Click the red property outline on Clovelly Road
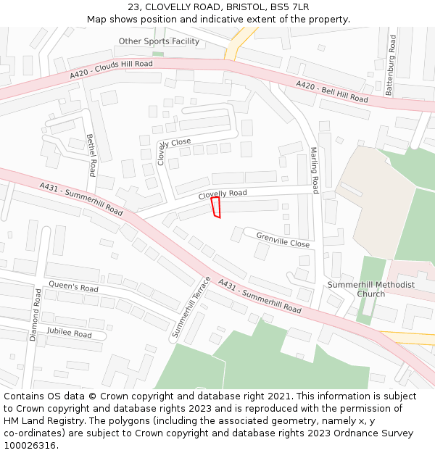(x=215, y=207)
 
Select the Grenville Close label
(x=283, y=240)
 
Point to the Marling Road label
(x=315, y=170)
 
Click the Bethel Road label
(x=91, y=155)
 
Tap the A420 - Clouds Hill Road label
(x=112, y=70)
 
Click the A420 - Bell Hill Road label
(x=331, y=92)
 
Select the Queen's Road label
(x=73, y=288)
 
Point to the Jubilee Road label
(x=69, y=333)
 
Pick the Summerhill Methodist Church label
(x=371, y=289)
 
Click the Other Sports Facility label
(x=159, y=41)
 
